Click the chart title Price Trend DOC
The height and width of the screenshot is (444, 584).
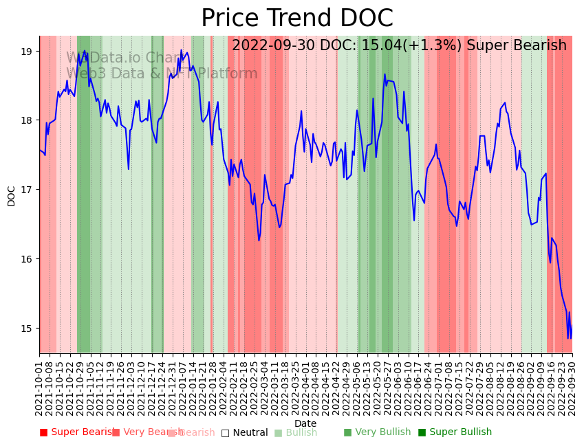[x=296, y=19]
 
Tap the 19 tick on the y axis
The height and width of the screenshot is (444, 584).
[x=27, y=52]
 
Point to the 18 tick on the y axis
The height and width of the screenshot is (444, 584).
[x=27, y=120]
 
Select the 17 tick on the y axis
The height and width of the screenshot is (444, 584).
[x=27, y=190]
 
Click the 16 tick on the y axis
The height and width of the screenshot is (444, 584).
[x=27, y=259]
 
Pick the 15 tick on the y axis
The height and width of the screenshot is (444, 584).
[x=27, y=329]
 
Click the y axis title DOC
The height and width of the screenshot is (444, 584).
[x=11, y=195]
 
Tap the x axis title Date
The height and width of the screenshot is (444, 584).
[x=305, y=424]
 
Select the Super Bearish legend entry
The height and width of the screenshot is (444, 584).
[x=78, y=432]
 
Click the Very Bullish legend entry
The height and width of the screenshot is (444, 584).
[x=377, y=432]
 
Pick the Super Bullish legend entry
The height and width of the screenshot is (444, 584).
[x=455, y=432]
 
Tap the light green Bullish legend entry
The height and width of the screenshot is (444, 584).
[x=296, y=432]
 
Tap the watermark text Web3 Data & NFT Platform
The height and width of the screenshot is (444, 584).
[x=162, y=74]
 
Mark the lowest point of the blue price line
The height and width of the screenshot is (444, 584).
[x=568, y=338]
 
